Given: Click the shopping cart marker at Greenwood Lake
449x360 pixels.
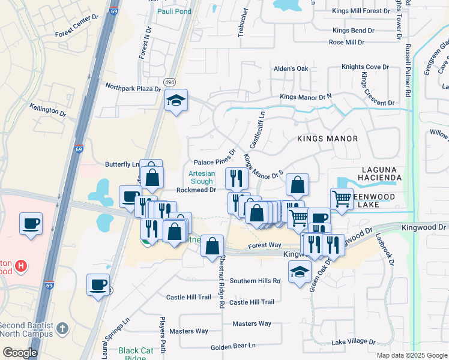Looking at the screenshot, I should [x=342, y=198].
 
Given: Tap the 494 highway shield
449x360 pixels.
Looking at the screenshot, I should [x=170, y=82].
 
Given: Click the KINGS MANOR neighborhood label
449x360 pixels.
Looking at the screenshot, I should [x=327, y=139].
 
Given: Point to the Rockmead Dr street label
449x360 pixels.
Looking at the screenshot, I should [x=196, y=190].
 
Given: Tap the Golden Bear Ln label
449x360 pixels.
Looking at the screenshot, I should [x=233, y=346].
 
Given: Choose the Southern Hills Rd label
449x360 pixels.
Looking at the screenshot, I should [x=255, y=281].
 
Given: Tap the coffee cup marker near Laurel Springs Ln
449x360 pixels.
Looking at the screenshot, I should [x=98, y=284].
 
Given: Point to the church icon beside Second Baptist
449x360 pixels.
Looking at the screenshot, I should [x=64, y=329].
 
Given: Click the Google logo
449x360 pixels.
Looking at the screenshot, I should [x=20, y=353].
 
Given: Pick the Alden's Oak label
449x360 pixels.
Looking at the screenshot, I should [x=291, y=68].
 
